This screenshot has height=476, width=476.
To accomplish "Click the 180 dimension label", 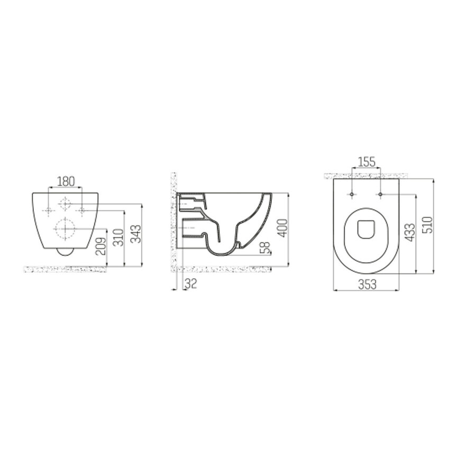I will pyautogui.click(x=66, y=181).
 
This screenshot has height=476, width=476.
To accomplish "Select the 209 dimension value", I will pyautogui.click(x=103, y=245).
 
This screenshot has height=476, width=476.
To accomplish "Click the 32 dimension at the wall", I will pyautogui.click(x=191, y=284).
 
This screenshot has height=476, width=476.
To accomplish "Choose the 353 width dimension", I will pyautogui.click(x=367, y=284).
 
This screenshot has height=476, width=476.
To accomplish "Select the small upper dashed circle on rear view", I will pyautogui.click(x=65, y=204).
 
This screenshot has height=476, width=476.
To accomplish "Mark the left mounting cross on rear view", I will pyautogui.click(x=49, y=211).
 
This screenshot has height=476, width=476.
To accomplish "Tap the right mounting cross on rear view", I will pyautogui.click(x=82, y=211).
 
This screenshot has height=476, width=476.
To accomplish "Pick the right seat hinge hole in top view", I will pyautogui.click(x=380, y=195).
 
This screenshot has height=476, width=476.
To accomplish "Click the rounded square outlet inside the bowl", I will pyautogui.click(x=366, y=228).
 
